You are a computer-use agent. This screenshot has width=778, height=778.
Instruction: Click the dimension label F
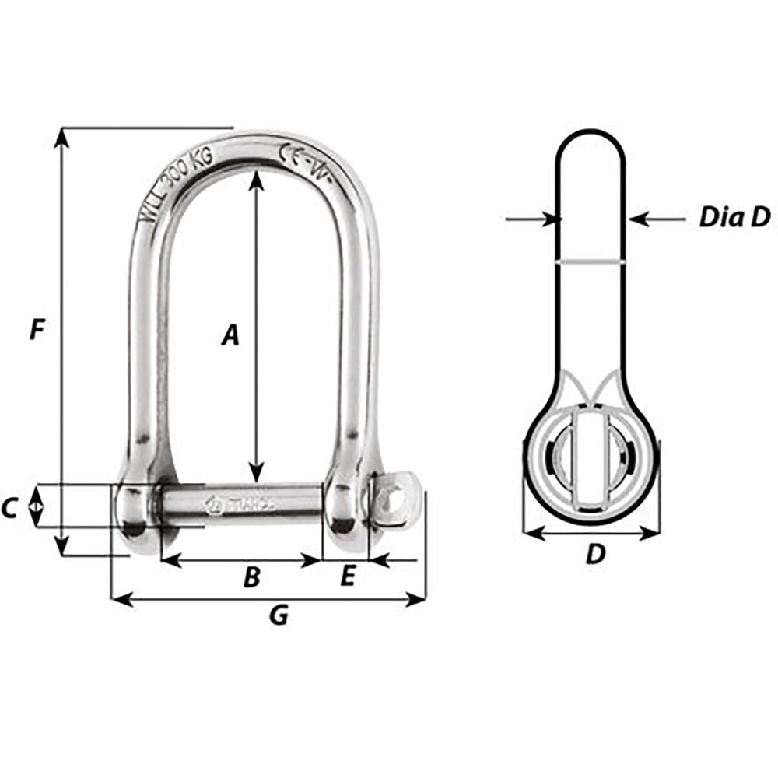(36, 331)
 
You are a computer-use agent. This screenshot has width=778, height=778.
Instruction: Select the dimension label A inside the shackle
(229, 335)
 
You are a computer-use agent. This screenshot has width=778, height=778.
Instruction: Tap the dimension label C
(9, 509)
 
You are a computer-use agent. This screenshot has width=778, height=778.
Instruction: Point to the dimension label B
(251, 576)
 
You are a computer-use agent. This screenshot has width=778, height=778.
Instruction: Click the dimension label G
(278, 615)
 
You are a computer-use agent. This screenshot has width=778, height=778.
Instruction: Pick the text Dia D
(734, 217)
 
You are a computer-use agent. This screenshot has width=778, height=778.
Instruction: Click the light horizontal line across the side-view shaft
(589, 262)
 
